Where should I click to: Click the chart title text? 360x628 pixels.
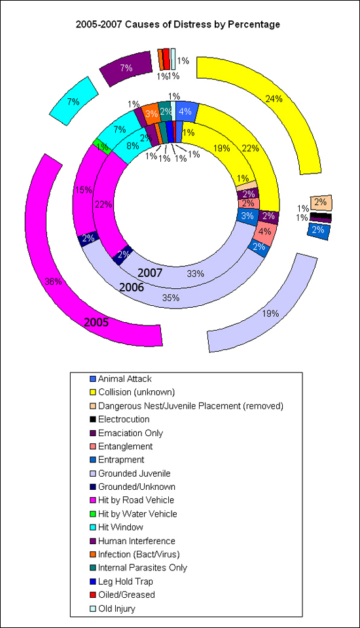[x=178, y=24]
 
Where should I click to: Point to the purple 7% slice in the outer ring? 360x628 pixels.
[x=126, y=68]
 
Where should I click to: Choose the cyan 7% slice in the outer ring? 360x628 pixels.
[x=74, y=102]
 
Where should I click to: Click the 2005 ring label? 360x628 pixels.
[x=96, y=323]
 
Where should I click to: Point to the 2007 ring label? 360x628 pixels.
[x=150, y=273]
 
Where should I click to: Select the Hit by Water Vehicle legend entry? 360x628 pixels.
[x=134, y=514]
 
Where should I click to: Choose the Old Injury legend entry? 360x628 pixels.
[x=113, y=609]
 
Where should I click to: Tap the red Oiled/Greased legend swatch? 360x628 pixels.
[x=93, y=595]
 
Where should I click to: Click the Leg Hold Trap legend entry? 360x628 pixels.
[x=121, y=582]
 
